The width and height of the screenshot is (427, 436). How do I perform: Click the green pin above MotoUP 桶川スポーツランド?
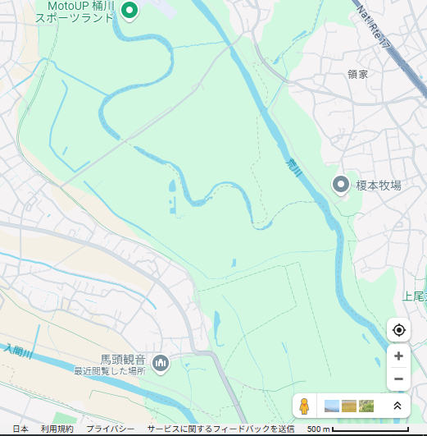point(129,10)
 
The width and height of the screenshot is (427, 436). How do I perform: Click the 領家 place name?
point(358,74)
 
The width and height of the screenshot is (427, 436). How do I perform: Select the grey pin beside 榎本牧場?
point(340,186)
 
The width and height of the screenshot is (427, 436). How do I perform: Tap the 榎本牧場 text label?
point(379,186)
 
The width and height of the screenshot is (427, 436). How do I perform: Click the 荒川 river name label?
point(295,168)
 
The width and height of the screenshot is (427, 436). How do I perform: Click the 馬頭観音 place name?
point(123,360)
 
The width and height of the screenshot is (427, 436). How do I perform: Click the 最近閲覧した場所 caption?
point(109,371)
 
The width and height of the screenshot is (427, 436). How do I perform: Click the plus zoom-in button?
point(398,356)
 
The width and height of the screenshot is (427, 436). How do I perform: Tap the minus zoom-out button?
point(398,379)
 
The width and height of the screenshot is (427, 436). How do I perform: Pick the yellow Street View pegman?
point(304,406)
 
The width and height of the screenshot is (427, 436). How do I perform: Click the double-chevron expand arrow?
point(397,406)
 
